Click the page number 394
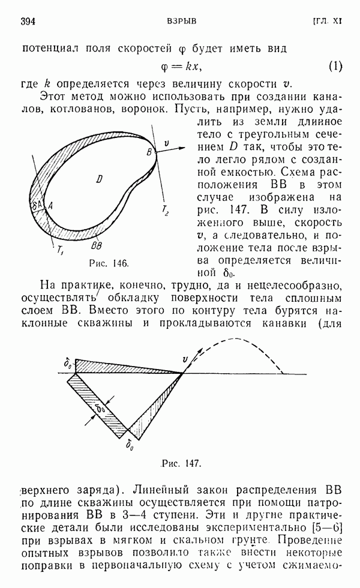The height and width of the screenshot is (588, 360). [28, 22]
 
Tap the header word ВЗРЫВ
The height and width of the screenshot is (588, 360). [181, 22]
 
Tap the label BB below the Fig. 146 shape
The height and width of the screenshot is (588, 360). [95, 245]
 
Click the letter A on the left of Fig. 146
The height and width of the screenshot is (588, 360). [50, 206]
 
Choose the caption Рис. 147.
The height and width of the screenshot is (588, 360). [181, 463]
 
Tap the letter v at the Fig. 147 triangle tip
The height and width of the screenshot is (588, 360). [186, 359]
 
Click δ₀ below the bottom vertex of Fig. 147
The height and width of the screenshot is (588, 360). [130, 445]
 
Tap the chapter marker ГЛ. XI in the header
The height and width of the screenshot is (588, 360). [326, 22]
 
